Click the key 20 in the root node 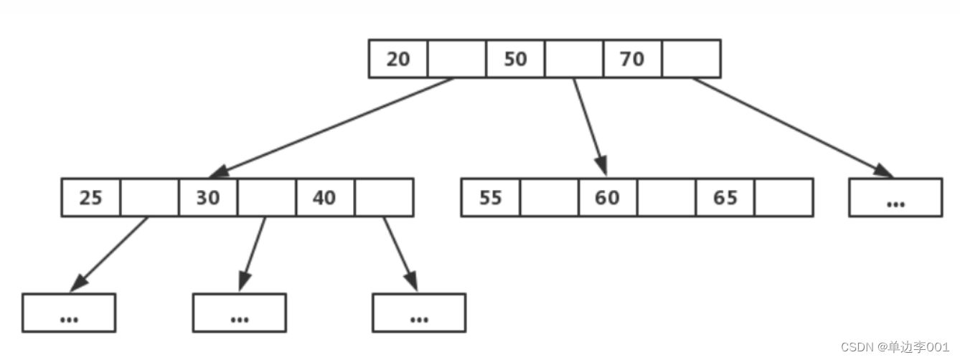point(398,59)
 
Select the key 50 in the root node point(515,59)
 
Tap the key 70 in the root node point(632,59)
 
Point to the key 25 point(91,198)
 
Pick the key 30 point(208,198)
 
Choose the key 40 point(324,198)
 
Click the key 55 point(490,198)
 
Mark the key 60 point(607,198)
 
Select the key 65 point(725,198)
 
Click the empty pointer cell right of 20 point(457,59)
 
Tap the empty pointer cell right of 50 point(574,59)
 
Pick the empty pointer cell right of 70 point(691,59)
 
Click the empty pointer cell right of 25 point(149,198)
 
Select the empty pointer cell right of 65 point(784,198)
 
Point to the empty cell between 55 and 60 point(549,198)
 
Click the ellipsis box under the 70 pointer point(895,198)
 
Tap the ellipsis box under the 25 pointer point(69,313)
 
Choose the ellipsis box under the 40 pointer point(419,313)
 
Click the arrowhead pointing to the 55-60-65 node point(601,166)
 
